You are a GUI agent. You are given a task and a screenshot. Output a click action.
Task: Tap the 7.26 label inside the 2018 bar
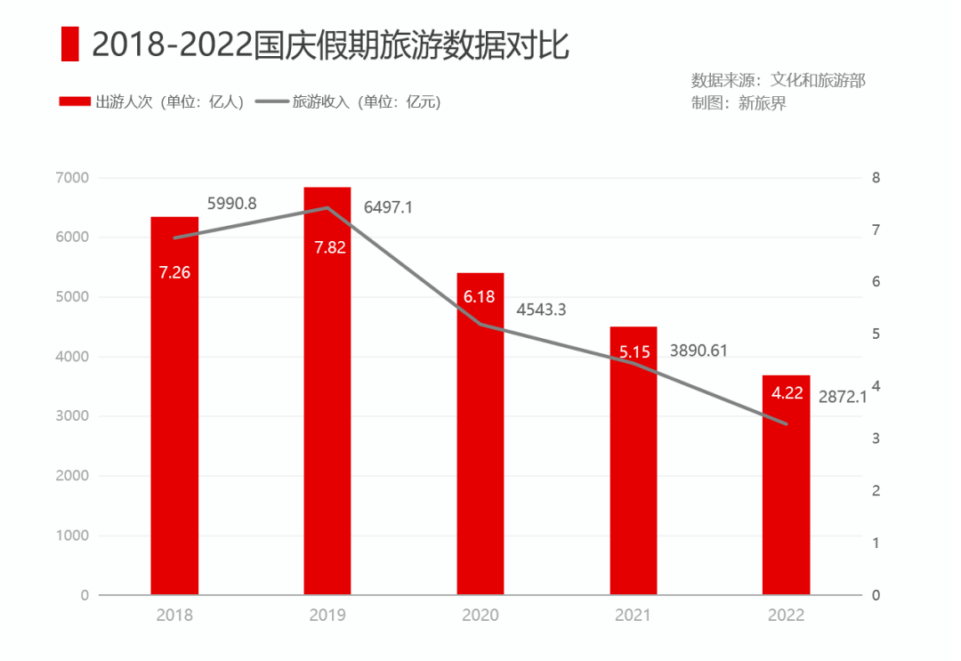point(174,273)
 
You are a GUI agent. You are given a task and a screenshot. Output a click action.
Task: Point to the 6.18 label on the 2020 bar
point(480,297)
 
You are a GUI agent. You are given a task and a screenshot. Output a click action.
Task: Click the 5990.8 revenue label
point(232,204)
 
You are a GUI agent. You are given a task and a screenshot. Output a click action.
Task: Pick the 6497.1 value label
point(388,207)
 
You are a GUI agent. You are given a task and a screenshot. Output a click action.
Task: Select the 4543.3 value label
point(541,310)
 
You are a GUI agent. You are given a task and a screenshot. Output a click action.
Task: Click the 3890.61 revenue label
point(699,351)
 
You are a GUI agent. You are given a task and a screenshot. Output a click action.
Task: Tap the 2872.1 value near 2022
point(842,397)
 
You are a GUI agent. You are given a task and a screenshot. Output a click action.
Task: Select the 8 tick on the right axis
point(876,178)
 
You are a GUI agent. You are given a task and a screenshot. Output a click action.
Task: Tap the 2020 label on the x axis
point(480,615)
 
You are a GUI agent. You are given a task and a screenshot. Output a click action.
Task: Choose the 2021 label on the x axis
point(633,615)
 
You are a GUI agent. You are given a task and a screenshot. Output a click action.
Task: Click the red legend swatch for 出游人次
point(75,102)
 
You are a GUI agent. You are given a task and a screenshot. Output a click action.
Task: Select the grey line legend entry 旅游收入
point(348,102)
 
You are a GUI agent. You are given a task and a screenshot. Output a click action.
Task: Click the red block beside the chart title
point(69,44)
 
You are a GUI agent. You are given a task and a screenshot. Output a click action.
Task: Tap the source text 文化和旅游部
point(818,80)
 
